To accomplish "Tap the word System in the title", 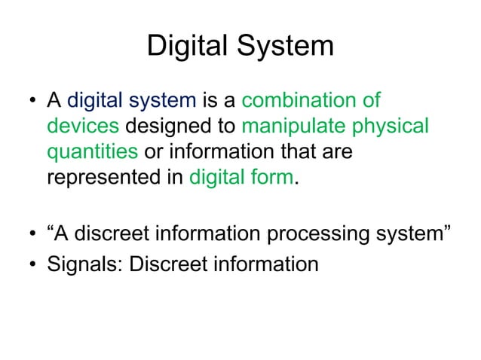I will click(286, 47).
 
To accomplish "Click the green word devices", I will click(83, 126).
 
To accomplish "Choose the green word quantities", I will click(92, 152).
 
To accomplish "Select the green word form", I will click(271, 178).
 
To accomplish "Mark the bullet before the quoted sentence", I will click(34, 239).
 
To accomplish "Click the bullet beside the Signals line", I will click(34, 266).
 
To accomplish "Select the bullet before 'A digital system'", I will click(34, 100).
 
